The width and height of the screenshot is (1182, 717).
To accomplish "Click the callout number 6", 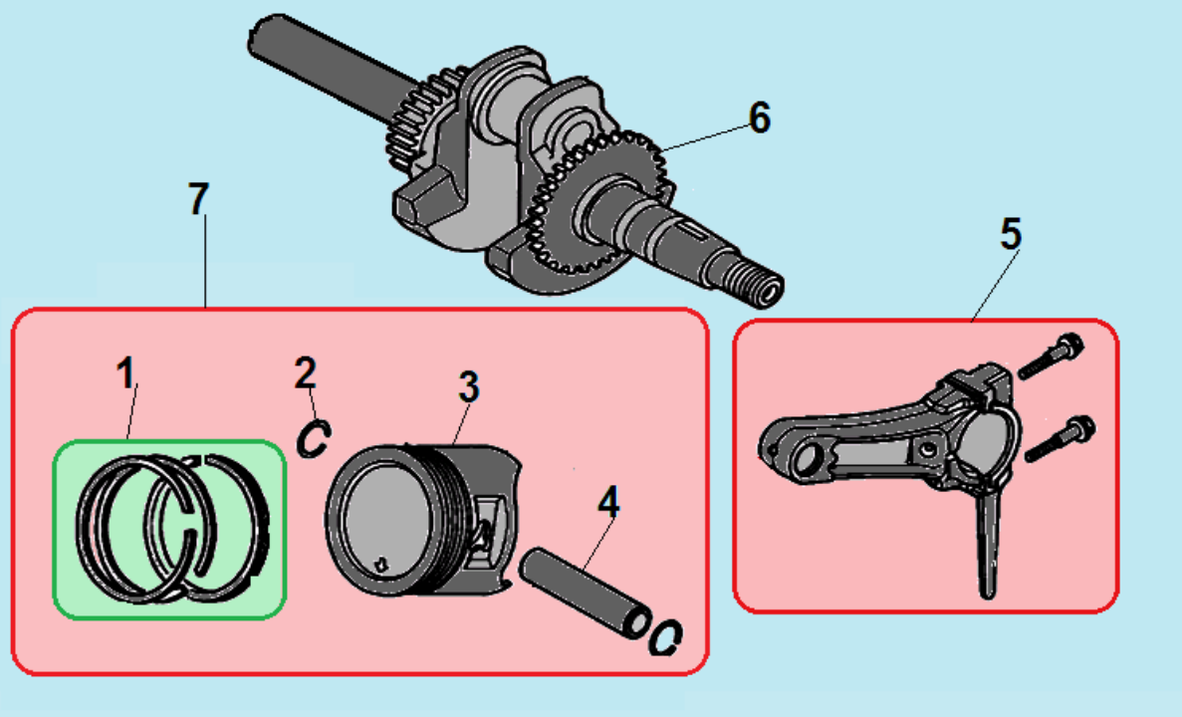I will (x=759, y=118).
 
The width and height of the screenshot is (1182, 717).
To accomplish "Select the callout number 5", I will (x=1010, y=235).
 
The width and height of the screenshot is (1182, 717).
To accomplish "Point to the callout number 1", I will (x=125, y=374).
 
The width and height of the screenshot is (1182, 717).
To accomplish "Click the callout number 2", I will (x=305, y=372).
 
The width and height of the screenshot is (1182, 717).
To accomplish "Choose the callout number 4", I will (x=608, y=501).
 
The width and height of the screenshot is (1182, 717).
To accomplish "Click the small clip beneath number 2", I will (x=314, y=439).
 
